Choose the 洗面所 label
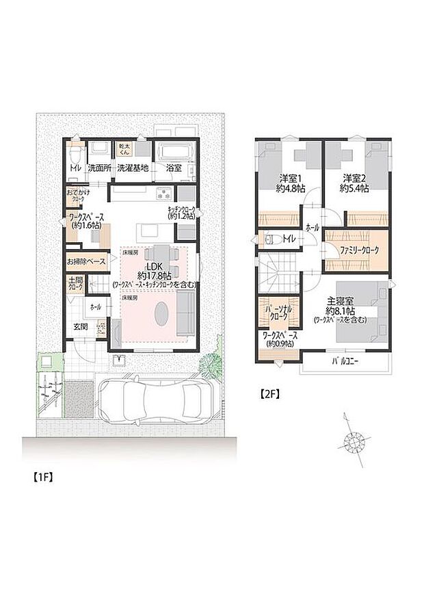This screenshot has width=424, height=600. [x=99, y=168]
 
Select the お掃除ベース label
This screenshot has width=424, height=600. [x=86, y=261]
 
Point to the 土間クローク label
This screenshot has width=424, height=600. [x=75, y=283]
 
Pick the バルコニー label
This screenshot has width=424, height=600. [x=345, y=360]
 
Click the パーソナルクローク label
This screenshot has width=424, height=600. [x=278, y=313]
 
